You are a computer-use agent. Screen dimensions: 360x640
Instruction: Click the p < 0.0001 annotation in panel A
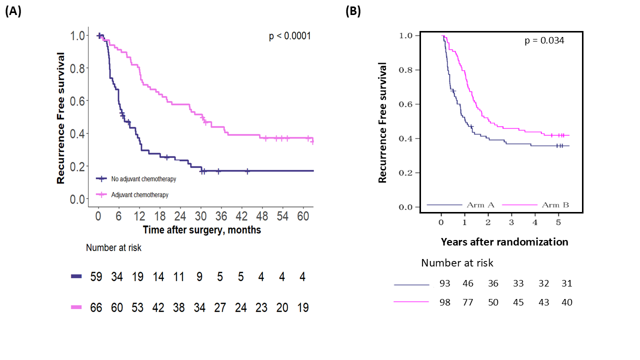[x=290, y=36]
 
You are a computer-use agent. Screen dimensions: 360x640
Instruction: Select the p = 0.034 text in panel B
[x=544, y=40]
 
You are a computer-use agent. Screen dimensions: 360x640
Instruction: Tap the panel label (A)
[x=13, y=12]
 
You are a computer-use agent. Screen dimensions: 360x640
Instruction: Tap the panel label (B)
[x=353, y=12]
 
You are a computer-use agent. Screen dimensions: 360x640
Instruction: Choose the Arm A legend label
[x=480, y=205]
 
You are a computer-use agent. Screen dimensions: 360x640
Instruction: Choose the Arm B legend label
[x=555, y=205]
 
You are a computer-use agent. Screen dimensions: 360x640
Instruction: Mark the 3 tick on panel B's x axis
[x=511, y=221]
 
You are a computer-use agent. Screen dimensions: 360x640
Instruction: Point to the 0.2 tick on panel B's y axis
[x=406, y=172]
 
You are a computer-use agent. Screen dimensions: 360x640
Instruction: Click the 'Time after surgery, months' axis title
[x=201, y=230]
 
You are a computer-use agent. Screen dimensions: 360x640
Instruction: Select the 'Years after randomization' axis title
[x=504, y=242]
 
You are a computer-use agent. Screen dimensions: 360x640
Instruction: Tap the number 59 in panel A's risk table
[x=96, y=277]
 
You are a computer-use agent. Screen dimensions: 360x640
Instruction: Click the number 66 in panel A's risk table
[x=96, y=307]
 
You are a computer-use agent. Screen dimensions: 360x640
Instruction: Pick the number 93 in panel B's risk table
[x=444, y=283]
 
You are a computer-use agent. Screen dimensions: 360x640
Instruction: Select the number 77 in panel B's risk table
[x=468, y=302]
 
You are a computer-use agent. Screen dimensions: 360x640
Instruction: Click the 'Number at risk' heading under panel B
[x=457, y=263]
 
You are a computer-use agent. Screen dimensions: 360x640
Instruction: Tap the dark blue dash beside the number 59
[x=76, y=276]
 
